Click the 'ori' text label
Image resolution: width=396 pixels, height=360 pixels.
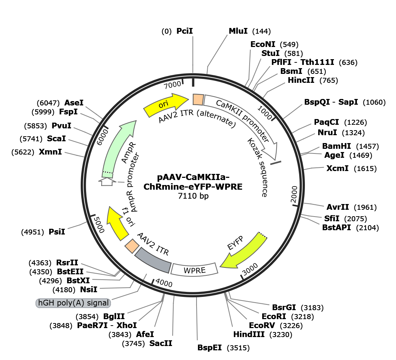click(163, 104)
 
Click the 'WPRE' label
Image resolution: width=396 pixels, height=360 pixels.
click(194, 270)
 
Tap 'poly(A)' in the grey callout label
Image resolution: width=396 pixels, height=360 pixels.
click(69, 303)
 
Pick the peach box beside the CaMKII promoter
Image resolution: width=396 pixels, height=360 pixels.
click(198, 99)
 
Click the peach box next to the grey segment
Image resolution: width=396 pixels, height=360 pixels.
click(132, 246)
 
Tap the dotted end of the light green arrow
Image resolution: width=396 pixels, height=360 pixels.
click(108, 174)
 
